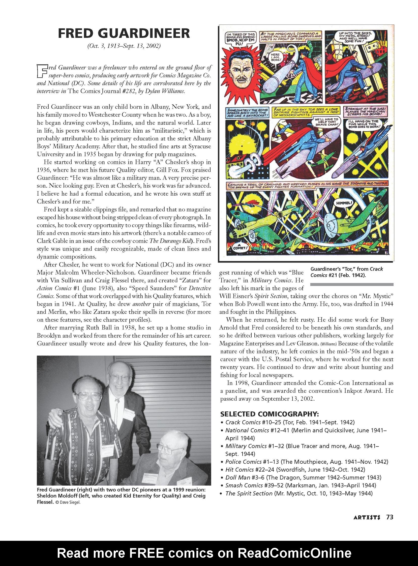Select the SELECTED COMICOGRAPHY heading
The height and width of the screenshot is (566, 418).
tap(270, 414)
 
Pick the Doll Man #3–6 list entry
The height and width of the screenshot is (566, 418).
tap(303, 478)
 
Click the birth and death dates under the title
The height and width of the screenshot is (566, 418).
tap(124, 46)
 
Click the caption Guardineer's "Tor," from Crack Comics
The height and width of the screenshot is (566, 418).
tap(347, 272)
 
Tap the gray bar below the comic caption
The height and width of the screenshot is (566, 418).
tap(352, 284)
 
